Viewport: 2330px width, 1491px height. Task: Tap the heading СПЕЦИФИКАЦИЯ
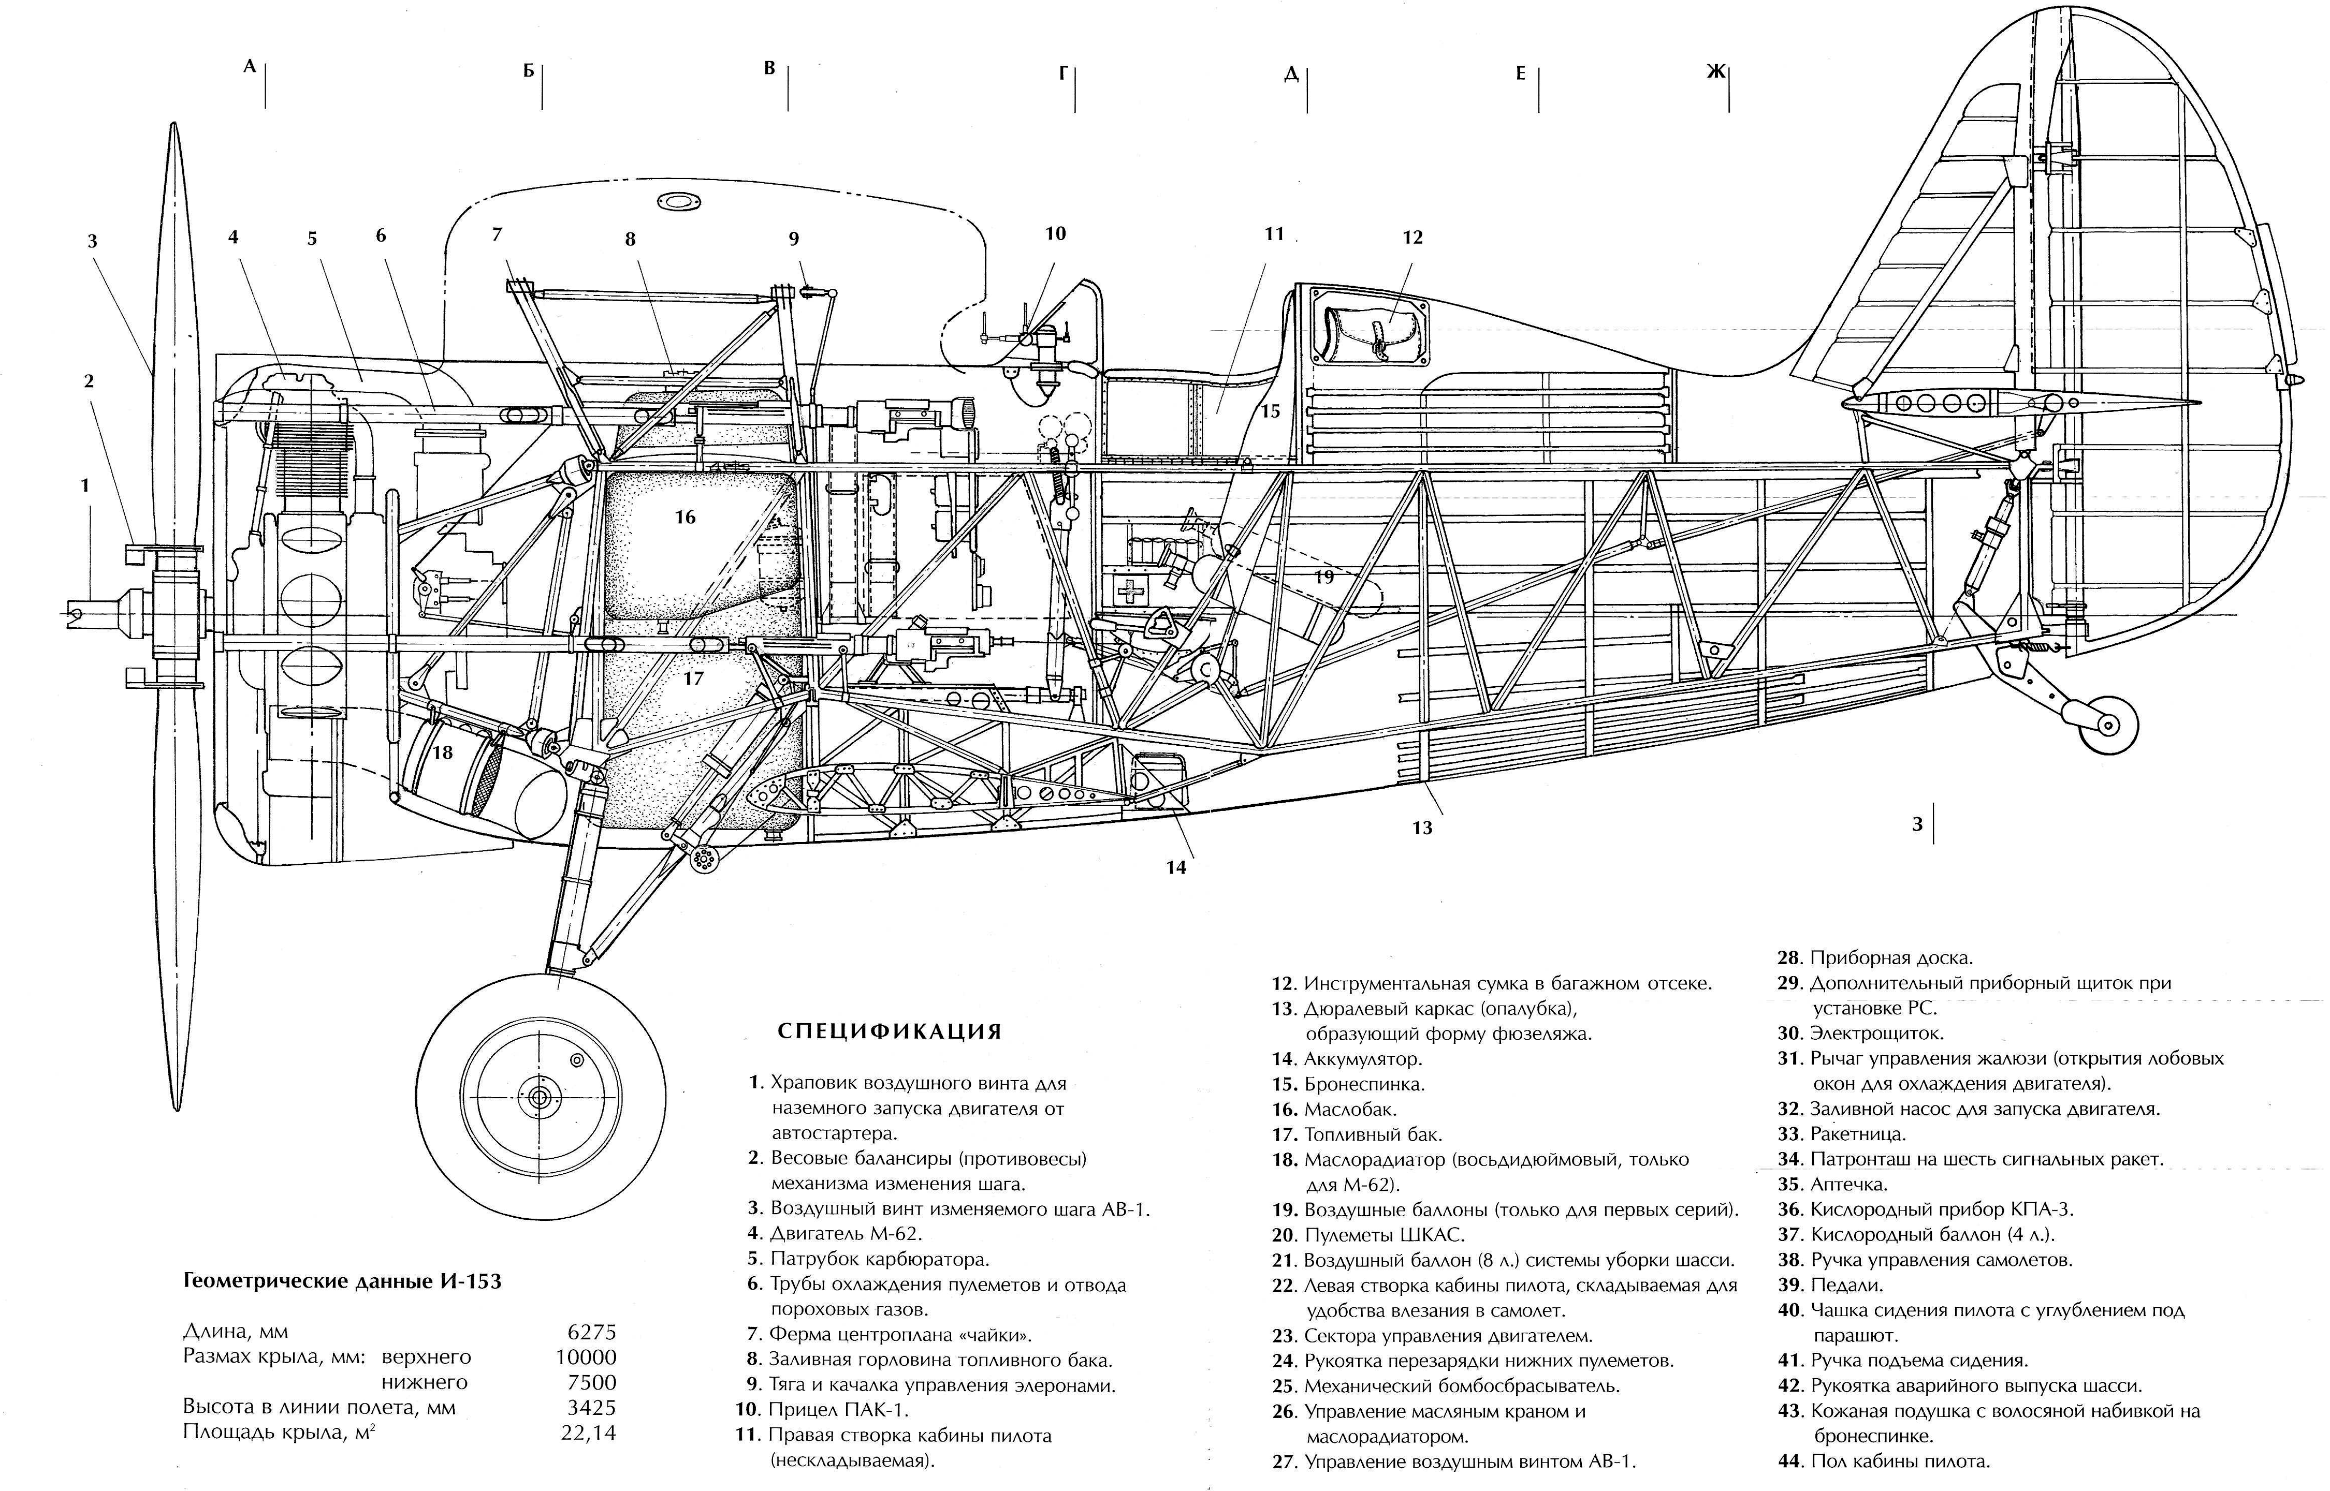pyautogui.click(x=889, y=1031)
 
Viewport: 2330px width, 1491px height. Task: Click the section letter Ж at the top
pyautogui.click(x=1715, y=71)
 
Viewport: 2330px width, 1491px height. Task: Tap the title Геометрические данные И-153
pyautogui.click(x=342, y=1281)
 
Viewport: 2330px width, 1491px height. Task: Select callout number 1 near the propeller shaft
pyautogui.click(x=85, y=485)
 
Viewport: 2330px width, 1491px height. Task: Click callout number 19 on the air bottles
pyautogui.click(x=1324, y=577)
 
